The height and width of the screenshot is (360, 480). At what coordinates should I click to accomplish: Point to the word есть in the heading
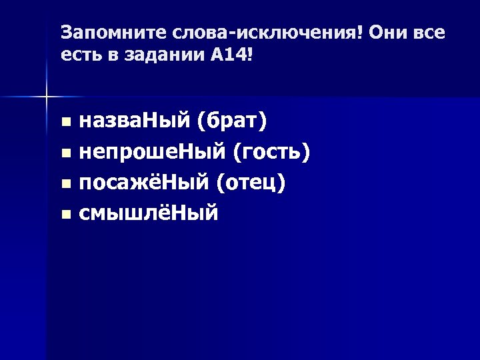coord(79,57)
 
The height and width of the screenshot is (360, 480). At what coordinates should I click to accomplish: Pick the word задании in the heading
coord(154,57)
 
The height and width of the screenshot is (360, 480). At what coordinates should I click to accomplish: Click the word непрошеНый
coord(153,153)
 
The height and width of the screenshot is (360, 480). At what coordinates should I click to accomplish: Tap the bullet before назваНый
coord(65,123)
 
